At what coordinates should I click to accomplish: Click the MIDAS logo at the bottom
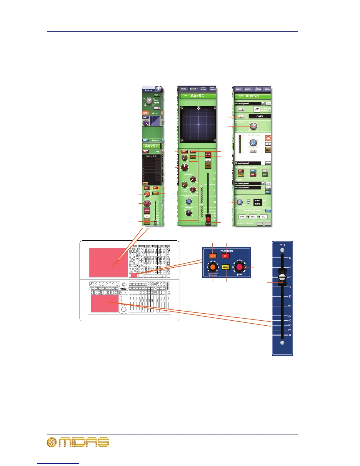(78, 442)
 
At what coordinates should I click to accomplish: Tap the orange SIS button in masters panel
(213, 256)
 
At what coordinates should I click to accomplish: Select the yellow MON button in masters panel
(226, 267)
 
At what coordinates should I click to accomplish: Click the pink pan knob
(239, 267)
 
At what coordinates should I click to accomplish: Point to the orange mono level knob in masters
(213, 267)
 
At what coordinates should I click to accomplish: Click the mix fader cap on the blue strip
(282, 277)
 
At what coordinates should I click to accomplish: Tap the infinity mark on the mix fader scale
(290, 335)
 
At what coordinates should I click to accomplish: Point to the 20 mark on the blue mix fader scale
(290, 306)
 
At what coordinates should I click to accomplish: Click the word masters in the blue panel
(226, 251)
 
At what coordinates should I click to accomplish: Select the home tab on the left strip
(149, 90)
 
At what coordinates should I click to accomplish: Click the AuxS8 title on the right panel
(252, 96)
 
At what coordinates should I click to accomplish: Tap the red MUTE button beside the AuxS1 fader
(208, 154)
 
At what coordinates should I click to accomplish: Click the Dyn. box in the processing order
(242, 217)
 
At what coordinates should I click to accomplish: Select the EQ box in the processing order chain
(264, 217)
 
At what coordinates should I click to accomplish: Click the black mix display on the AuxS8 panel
(259, 116)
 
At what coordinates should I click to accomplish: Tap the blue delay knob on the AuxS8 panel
(239, 202)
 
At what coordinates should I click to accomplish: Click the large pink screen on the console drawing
(108, 262)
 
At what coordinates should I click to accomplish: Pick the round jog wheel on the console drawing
(124, 309)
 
